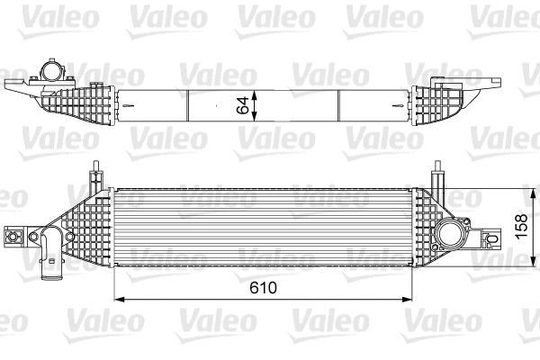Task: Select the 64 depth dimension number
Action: point(242,103)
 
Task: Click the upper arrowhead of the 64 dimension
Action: point(257,92)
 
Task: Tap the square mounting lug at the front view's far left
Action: point(13,237)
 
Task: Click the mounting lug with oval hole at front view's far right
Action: point(490,238)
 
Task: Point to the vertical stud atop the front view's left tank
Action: point(94,169)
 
